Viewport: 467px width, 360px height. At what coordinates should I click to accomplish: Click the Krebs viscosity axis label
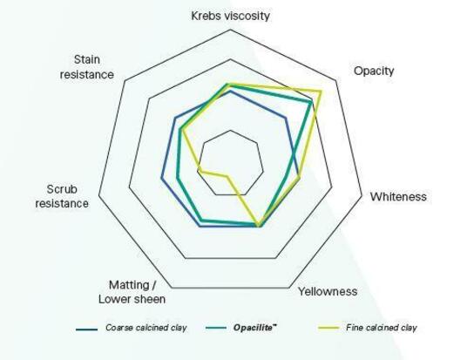tap(231, 16)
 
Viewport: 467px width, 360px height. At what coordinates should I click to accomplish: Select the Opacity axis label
tap(374, 71)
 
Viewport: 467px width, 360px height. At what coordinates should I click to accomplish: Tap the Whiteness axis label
tap(398, 197)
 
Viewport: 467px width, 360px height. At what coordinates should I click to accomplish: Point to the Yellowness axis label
tap(328, 291)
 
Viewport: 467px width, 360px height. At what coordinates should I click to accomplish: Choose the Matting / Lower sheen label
tap(132, 292)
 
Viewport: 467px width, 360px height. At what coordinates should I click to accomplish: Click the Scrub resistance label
tap(62, 196)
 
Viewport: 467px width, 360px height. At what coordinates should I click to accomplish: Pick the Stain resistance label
tap(86, 67)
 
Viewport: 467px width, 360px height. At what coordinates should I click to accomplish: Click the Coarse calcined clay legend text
tap(146, 328)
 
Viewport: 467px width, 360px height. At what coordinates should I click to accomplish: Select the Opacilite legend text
tap(255, 328)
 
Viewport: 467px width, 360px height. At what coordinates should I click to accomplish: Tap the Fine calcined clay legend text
tap(382, 328)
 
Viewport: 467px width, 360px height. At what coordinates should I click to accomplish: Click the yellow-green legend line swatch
tap(328, 329)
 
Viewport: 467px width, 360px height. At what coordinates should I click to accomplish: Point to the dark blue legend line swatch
tap(86, 329)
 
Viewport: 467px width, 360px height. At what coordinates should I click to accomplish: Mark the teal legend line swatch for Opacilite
tap(216, 328)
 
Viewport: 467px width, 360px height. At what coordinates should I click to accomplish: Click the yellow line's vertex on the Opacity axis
tap(321, 92)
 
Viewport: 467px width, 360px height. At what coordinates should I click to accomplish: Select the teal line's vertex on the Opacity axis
tap(311, 103)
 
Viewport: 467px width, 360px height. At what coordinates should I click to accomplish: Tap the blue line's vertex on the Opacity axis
tap(286, 119)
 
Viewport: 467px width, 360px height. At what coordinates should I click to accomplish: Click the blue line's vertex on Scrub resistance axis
tap(162, 178)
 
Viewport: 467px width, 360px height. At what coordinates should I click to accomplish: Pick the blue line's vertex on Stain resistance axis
tap(175, 119)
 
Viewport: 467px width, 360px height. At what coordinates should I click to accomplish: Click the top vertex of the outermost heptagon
tap(230, 30)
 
